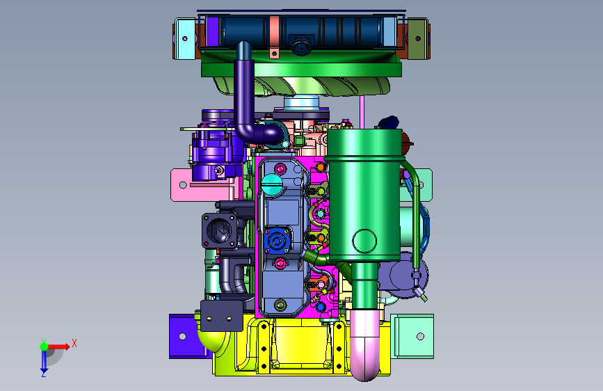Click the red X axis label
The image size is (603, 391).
point(74,343)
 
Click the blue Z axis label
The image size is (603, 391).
point(43,374)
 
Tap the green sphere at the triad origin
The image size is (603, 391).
point(45,346)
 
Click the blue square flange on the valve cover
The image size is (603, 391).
point(277,241)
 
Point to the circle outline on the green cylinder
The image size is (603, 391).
point(364,241)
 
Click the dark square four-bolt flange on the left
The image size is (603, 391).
point(219,231)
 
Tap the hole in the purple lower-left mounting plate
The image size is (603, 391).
point(183,336)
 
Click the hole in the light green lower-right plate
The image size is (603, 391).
point(420,336)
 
